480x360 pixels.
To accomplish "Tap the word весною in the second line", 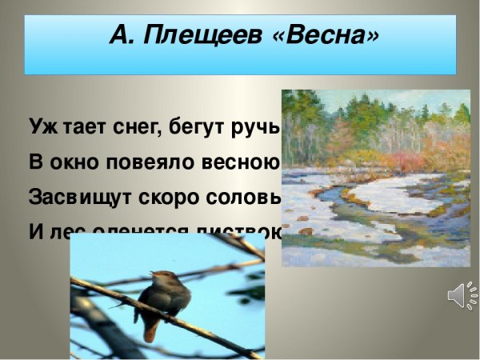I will pos(240,162).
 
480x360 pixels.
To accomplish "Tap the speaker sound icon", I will pos(462,297).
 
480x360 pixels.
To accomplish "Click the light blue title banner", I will pos(240,60).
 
